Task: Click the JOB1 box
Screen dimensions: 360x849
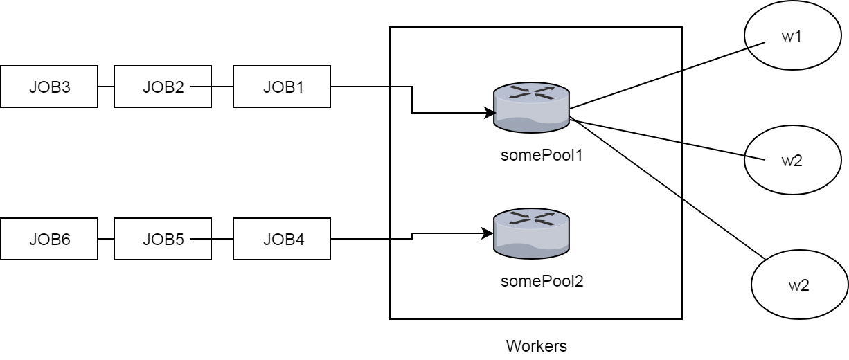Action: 282,87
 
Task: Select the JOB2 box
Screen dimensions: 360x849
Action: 163,87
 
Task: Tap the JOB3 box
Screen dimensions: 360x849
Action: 49,87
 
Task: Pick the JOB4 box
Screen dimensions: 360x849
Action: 282,240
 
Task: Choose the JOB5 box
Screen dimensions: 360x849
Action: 163,240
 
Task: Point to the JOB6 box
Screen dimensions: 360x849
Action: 49,240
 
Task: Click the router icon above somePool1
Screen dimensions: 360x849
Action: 531,107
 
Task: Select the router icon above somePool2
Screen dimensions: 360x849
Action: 531,233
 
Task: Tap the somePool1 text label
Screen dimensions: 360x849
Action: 542,155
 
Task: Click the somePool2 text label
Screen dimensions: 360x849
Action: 542,281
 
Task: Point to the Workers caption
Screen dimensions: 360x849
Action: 537,345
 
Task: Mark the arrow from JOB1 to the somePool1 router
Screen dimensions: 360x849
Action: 413,100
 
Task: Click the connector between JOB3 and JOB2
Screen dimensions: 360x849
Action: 106,87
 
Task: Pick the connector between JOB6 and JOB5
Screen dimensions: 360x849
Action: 106,240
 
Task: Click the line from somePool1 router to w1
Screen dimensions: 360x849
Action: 665,75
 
